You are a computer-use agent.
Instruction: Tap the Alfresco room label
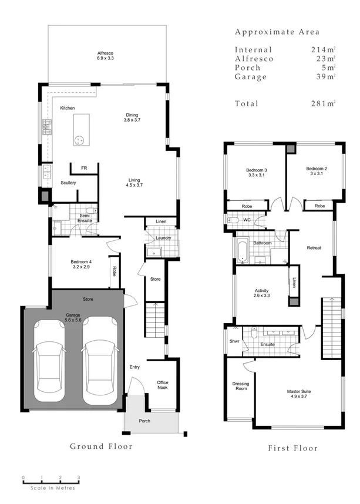(x=107, y=56)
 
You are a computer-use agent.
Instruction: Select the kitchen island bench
(x=80, y=130)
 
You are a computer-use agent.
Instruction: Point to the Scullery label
(x=68, y=183)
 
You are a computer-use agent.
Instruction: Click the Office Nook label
(x=163, y=385)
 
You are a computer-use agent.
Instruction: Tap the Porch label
(x=145, y=420)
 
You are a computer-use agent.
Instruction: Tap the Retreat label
(x=314, y=248)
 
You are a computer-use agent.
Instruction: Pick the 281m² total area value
(x=322, y=104)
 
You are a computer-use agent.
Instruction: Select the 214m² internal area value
(x=322, y=50)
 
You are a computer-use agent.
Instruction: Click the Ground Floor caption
(x=101, y=446)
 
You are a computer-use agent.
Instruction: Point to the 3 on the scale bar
(x=79, y=478)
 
